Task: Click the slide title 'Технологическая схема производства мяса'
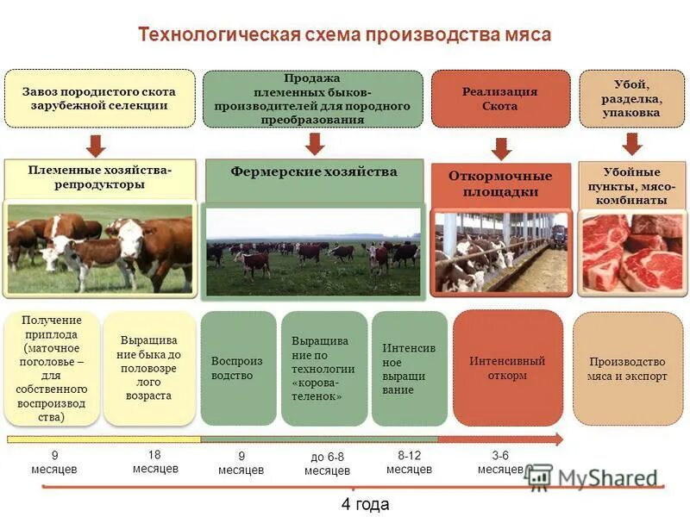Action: pyautogui.click(x=345, y=34)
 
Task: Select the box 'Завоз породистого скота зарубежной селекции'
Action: pyautogui.click(x=99, y=99)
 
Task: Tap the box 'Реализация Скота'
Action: pyautogui.click(x=500, y=99)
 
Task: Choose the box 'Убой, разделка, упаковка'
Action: pyautogui.click(x=632, y=99)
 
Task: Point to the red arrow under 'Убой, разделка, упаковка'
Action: pyautogui.click(x=632, y=143)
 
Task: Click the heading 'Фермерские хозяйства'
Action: pyautogui.click(x=314, y=172)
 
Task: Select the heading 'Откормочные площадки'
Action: pyautogui.click(x=500, y=184)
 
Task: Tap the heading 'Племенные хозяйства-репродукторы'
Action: pyautogui.click(x=100, y=178)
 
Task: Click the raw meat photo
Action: pyautogui.click(x=632, y=252)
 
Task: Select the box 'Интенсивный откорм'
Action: pyautogui.click(x=507, y=368)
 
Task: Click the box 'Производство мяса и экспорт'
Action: pyautogui.click(x=628, y=368)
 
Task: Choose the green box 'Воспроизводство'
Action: pyautogui.click(x=237, y=368)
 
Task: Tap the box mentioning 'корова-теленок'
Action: pyautogui.click(x=323, y=368)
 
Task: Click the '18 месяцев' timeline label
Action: pyautogui.click(x=155, y=462)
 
